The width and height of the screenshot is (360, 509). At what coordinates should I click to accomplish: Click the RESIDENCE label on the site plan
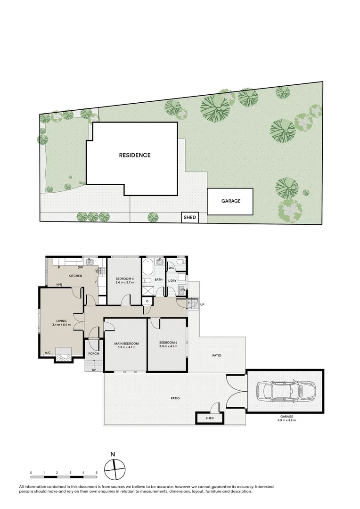pyautogui.click(x=134, y=155)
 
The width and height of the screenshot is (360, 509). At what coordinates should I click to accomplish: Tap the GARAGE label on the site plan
pyautogui.click(x=231, y=201)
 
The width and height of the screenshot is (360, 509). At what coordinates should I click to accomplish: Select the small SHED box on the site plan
pyautogui.click(x=189, y=218)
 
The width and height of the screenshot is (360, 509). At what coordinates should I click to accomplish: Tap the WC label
pyautogui.click(x=172, y=268)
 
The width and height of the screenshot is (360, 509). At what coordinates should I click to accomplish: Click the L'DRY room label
pyautogui.click(x=172, y=280)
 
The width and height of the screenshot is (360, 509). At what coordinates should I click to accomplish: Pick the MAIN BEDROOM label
pyautogui.click(x=126, y=344)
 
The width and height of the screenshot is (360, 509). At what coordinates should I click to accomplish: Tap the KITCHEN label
pyautogui.click(x=76, y=276)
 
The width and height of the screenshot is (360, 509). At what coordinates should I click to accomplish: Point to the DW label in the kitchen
pyautogui.click(x=81, y=267)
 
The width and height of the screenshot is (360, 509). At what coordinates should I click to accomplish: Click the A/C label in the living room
pyautogui.click(x=48, y=353)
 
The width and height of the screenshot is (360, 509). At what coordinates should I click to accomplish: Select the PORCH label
pyautogui.click(x=93, y=353)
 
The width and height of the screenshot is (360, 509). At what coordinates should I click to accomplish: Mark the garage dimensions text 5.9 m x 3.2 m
pyautogui.click(x=286, y=421)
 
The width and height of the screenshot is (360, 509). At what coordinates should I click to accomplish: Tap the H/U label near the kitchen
pyautogui.click(x=60, y=285)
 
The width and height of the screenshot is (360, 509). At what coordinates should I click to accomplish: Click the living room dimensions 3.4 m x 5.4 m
pyautogui.click(x=61, y=325)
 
